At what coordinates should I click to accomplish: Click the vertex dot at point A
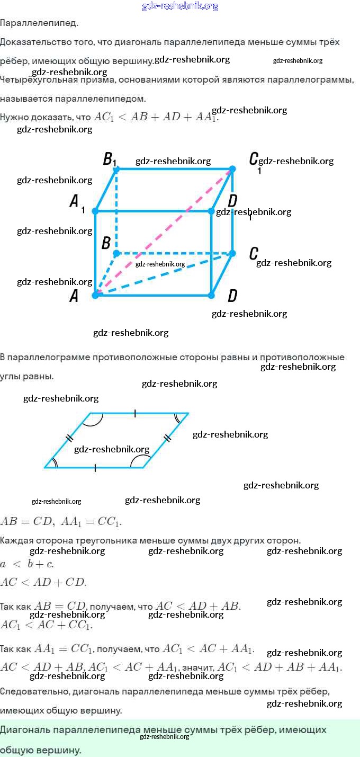coord(95,295)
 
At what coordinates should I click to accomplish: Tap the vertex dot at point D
coord(211,295)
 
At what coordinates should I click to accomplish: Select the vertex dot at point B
coord(116,253)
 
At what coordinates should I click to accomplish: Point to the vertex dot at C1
coord(232,169)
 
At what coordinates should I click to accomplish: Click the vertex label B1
coord(109,158)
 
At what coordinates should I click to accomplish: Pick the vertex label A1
coord(76,202)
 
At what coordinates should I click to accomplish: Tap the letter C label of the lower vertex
coord(254,254)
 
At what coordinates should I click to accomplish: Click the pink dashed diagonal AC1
coord(164,231)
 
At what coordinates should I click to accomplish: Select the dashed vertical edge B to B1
coord(116,212)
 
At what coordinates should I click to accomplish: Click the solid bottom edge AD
coord(154,295)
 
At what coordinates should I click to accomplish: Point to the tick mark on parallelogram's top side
coord(135,413)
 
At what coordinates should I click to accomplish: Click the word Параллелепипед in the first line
coord(39,23)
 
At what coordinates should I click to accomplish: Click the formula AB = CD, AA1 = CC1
coord(61,521)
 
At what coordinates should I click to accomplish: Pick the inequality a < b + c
coord(27,564)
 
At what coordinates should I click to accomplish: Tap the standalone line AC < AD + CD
coord(43,582)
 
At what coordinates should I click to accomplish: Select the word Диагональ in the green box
coord(24,730)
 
